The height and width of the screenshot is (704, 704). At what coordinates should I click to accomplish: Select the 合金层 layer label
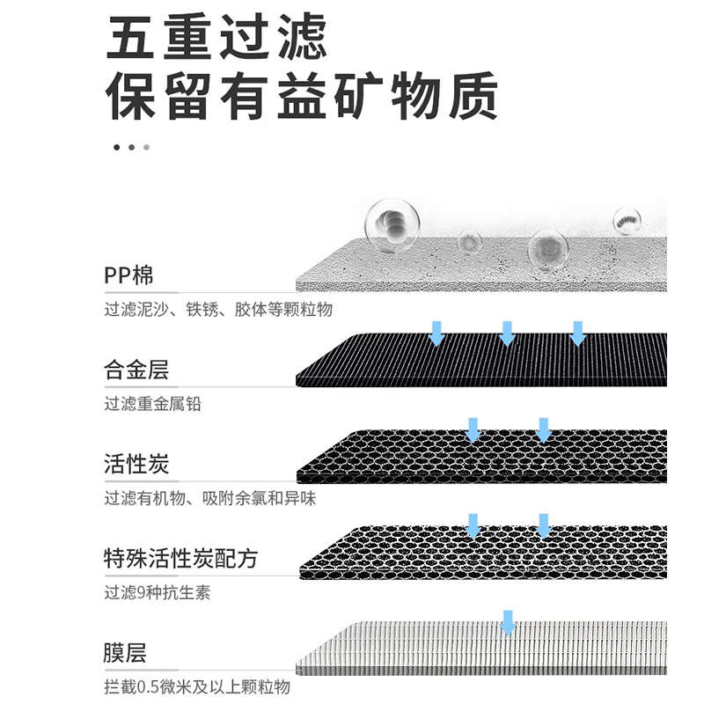[136, 370]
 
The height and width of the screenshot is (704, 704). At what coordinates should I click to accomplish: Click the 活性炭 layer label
[136, 464]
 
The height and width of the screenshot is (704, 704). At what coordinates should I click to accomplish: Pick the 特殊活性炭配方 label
[180, 558]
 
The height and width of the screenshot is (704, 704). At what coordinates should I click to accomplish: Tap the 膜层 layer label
[125, 653]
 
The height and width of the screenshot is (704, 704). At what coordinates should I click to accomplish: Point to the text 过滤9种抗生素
[157, 593]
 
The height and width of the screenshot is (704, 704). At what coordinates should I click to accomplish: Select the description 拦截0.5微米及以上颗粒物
[196, 688]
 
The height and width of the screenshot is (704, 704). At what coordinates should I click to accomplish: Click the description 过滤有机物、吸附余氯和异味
[209, 499]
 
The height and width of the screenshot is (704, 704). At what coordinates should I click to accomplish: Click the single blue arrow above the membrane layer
[508, 621]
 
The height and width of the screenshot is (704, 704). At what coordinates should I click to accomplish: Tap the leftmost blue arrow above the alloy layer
[436, 334]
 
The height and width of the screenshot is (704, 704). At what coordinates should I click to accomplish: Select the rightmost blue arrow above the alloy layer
[577, 334]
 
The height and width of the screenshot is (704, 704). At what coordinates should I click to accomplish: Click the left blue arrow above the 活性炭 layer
[473, 429]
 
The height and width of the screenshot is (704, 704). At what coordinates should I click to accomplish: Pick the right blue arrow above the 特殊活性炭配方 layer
[543, 525]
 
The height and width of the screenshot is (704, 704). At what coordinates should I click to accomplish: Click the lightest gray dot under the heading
[146, 147]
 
